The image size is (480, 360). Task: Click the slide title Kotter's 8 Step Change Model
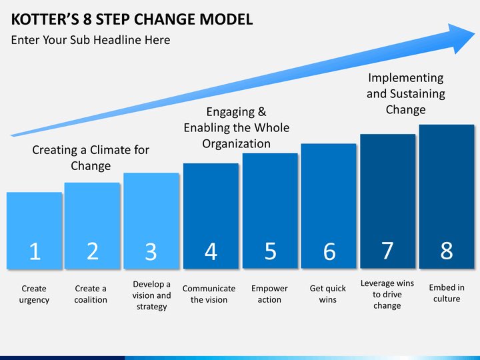(132, 18)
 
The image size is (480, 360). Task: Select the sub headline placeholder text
(91, 40)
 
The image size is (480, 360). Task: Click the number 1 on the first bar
(35, 251)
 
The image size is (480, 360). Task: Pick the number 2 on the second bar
(93, 251)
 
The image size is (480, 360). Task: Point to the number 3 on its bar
(151, 252)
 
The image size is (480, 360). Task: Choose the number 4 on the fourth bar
(211, 251)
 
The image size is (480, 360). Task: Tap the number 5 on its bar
(270, 251)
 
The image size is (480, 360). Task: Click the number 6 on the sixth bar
(329, 252)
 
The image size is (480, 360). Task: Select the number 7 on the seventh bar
(387, 250)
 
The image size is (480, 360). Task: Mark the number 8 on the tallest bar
(447, 250)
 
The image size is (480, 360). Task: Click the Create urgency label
(34, 294)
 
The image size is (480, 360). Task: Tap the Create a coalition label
(91, 294)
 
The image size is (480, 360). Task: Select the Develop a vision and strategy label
(151, 295)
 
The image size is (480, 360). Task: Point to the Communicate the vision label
(209, 294)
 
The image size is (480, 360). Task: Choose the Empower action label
(269, 294)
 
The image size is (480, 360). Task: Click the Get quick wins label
(328, 294)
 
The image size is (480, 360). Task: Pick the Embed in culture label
(447, 293)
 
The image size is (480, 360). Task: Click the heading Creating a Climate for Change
(91, 157)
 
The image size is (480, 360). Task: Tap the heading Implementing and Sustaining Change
(405, 94)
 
